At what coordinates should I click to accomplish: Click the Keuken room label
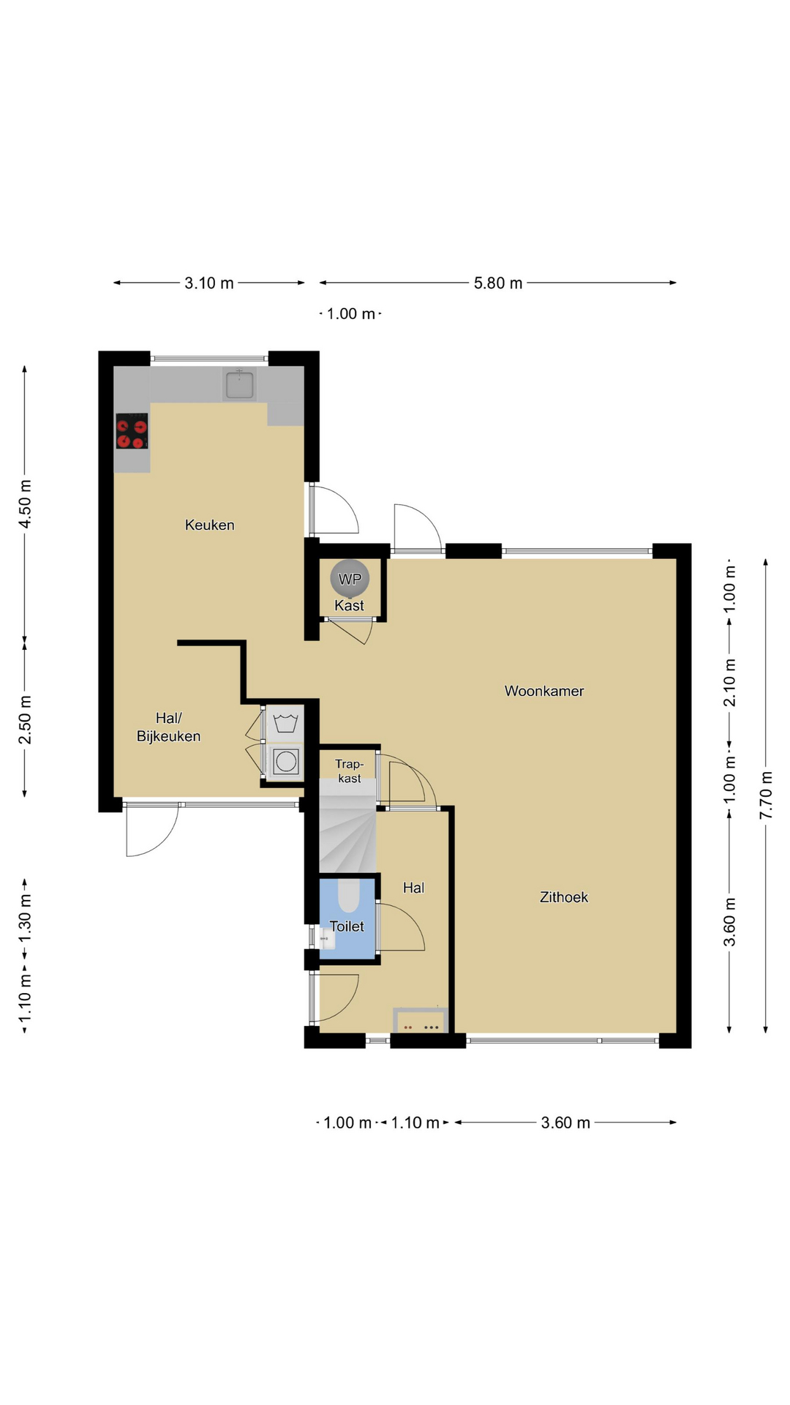210,525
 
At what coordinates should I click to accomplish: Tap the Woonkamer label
544,691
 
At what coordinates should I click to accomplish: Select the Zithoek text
564,897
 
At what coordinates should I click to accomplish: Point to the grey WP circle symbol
350,579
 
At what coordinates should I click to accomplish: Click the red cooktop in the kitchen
132,431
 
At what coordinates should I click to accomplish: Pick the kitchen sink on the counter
239,384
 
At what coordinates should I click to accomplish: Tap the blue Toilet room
347,918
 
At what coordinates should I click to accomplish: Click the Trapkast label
350,771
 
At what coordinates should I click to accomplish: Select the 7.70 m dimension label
766,795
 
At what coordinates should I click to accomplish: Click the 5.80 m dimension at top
498,283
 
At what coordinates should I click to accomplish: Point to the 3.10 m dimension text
209,283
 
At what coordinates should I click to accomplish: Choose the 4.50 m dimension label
25,504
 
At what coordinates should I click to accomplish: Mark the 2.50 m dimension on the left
25,719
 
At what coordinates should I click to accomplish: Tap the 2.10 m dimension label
729,682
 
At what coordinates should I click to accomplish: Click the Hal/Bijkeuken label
168,727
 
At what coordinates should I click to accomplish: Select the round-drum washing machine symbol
286,762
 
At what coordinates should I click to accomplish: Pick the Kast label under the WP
349,606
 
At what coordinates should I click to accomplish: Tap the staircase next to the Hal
347,827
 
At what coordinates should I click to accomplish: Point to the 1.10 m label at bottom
415,1123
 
